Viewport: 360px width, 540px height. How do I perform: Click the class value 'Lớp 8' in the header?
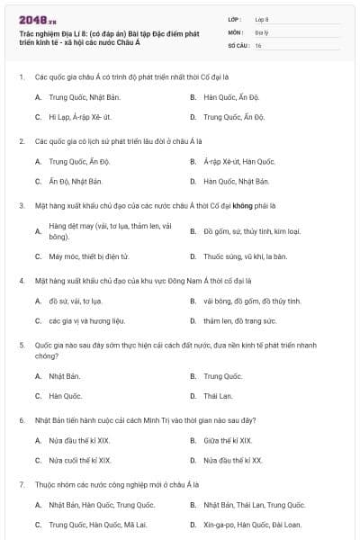click(x=263, y=18)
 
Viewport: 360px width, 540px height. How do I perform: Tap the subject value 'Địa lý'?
click(x=261, y=31)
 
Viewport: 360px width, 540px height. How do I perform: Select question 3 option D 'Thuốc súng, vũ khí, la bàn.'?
click(x=245, y=256)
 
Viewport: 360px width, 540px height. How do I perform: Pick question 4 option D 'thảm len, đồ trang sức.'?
click(x=239, y=320)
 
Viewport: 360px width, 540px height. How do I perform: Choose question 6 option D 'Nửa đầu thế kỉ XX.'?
click(x=232, y=460)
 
